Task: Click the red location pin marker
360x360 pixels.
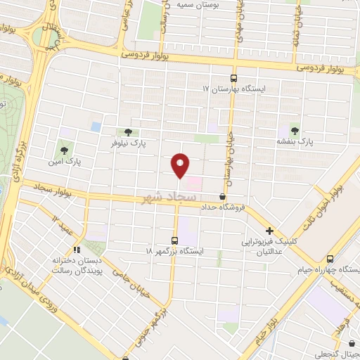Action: pos(181,165)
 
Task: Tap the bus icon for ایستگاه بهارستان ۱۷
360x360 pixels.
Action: pos(233,79)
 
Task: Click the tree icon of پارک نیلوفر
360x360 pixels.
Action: pos(127,131)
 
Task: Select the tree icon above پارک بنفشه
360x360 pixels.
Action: pos(294,131)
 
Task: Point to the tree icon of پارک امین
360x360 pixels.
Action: pos(65,150)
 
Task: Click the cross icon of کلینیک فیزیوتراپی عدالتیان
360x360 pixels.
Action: pos(269,231)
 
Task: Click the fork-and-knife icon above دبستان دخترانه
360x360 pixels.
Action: pos(77,249)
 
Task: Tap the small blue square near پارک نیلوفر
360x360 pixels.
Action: pos(96,127)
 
